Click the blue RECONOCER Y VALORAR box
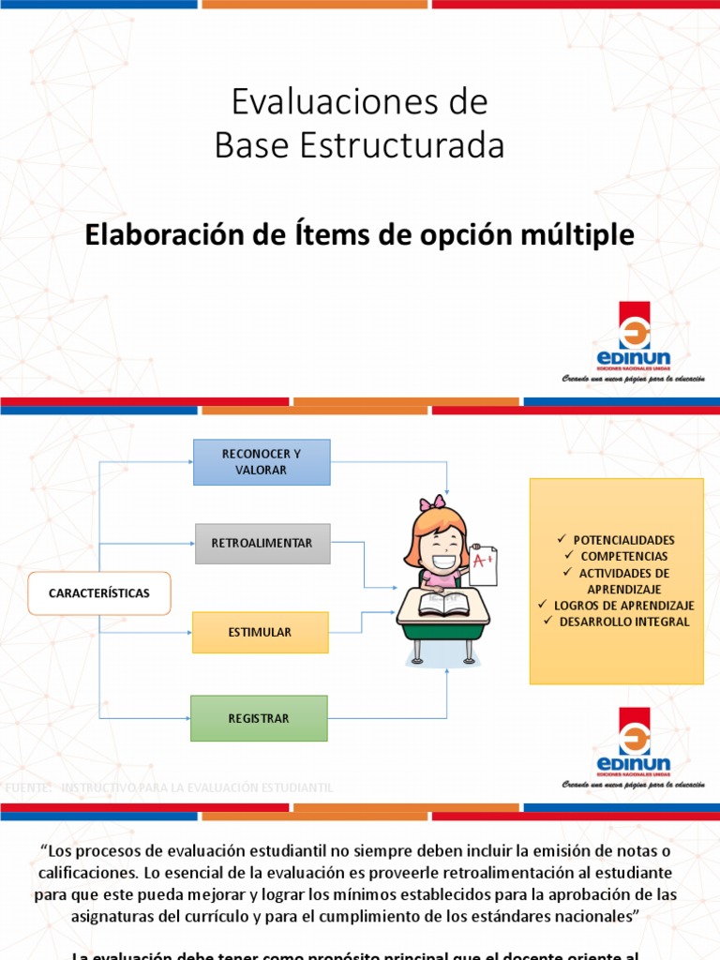pyautogui.click(x=262, y=461)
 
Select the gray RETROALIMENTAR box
pyautogui.click(x=262, y=544)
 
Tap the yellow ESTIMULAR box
pyautogui.click(x=260, y=632)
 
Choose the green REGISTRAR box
pyautogui.click(x=259, y=719)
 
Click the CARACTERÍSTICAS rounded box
pyautogui.click(x=99, y=592)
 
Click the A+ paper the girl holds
pyautogui.click(x=483, y=565)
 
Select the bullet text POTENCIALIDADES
pyautogui.click(x=623, y=541)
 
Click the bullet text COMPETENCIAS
pyautogui.click(x=623, y=557)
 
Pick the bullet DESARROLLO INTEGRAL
pyautogui.click(x=623, y=622)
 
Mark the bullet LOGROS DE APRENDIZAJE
pyautogui.click(x=623, y=606)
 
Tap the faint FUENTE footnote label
pyautogui.click(x=28, y=787)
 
